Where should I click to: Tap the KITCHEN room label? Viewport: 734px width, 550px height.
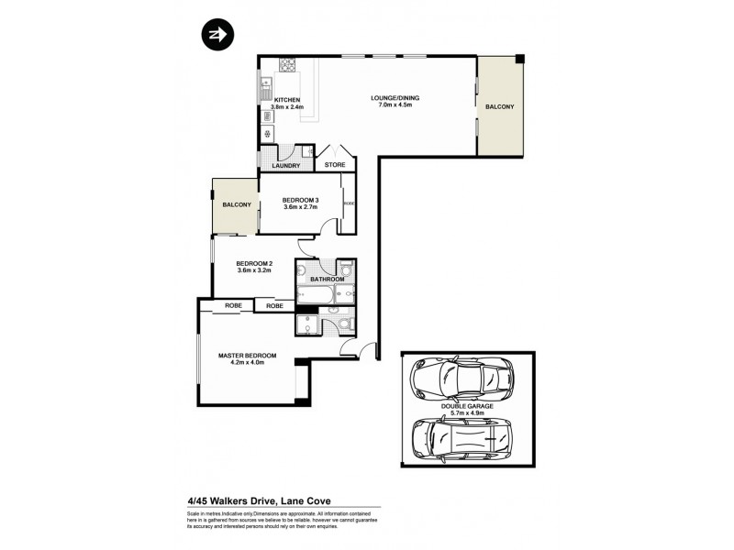click(287, 99)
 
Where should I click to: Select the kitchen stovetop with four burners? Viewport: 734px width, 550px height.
click(286, 65)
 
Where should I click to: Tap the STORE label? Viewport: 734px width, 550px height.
click(335, 166)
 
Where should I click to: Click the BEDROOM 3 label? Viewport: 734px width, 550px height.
click(300, 200)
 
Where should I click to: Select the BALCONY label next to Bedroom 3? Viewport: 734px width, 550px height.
click(236, 204)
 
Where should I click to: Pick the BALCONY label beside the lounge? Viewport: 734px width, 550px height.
click(499, 107)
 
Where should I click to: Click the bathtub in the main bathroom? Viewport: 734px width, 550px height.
click(315, 295)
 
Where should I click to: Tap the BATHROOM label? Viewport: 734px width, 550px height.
click(326, 279)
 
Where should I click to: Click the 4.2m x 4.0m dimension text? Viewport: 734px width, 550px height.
click(246, 364)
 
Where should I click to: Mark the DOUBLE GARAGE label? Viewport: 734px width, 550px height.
click(468, 405)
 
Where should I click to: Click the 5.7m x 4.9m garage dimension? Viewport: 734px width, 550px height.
click(468, 413)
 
